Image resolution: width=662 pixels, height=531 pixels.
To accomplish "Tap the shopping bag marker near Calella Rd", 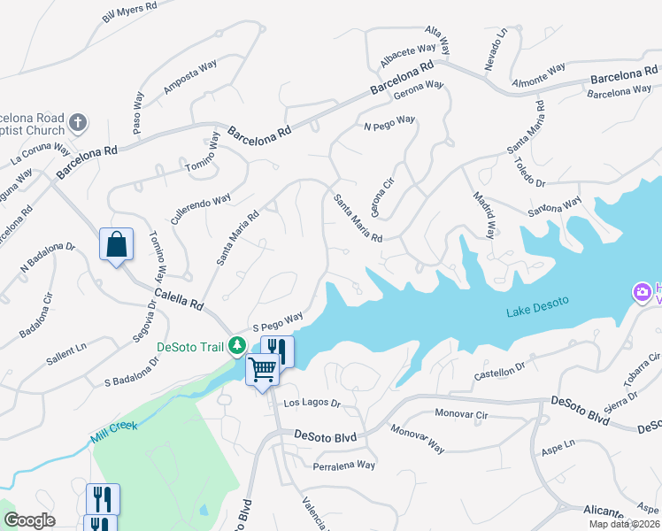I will [117, 245].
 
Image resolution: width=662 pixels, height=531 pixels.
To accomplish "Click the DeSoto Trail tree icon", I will [236, 345].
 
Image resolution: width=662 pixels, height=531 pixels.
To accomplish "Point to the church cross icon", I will [78, 122].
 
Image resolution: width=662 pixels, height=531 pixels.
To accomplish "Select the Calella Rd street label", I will [179, 301].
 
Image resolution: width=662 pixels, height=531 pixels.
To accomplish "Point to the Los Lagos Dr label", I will [312, 403].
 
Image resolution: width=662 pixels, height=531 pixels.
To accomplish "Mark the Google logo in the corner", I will [30, 520].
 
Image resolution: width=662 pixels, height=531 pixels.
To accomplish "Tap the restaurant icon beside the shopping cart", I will [277, 350].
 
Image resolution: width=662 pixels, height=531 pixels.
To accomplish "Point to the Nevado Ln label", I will [496, 50].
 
